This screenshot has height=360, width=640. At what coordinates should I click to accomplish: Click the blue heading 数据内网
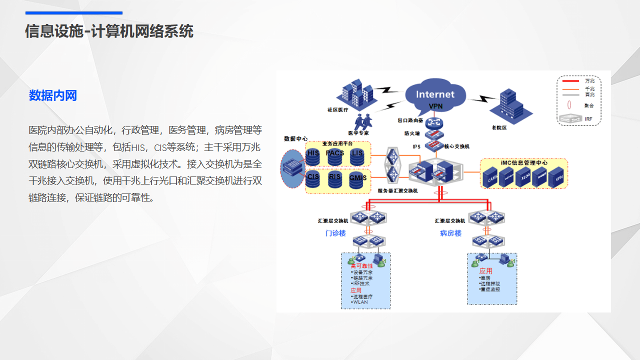coord(53,95)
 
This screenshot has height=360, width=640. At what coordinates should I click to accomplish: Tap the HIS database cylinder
coord(313,157)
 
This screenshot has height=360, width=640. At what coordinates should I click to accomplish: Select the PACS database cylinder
coord(335,157)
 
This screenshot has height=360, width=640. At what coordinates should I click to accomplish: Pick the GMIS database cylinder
coord(357,180)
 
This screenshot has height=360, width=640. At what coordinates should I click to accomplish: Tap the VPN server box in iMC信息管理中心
coord(556,176)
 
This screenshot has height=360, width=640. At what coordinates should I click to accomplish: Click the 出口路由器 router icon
coord(434,122)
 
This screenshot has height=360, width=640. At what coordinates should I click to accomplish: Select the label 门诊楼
coord(335,233)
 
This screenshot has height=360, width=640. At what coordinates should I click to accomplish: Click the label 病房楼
coord(450,233)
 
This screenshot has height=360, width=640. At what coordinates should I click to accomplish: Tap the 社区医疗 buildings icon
coord(356,93)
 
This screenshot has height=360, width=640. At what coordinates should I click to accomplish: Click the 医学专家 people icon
coord(363,121)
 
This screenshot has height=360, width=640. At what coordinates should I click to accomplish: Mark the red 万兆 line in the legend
coord(570,81)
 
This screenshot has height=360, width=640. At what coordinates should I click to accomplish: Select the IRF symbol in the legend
coord(570,119)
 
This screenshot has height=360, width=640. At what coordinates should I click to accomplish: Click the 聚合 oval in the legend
coord(570,105)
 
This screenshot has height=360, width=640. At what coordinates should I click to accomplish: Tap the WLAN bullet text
coord(360,302)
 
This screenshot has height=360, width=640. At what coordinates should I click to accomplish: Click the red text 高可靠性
coord(362,266)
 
